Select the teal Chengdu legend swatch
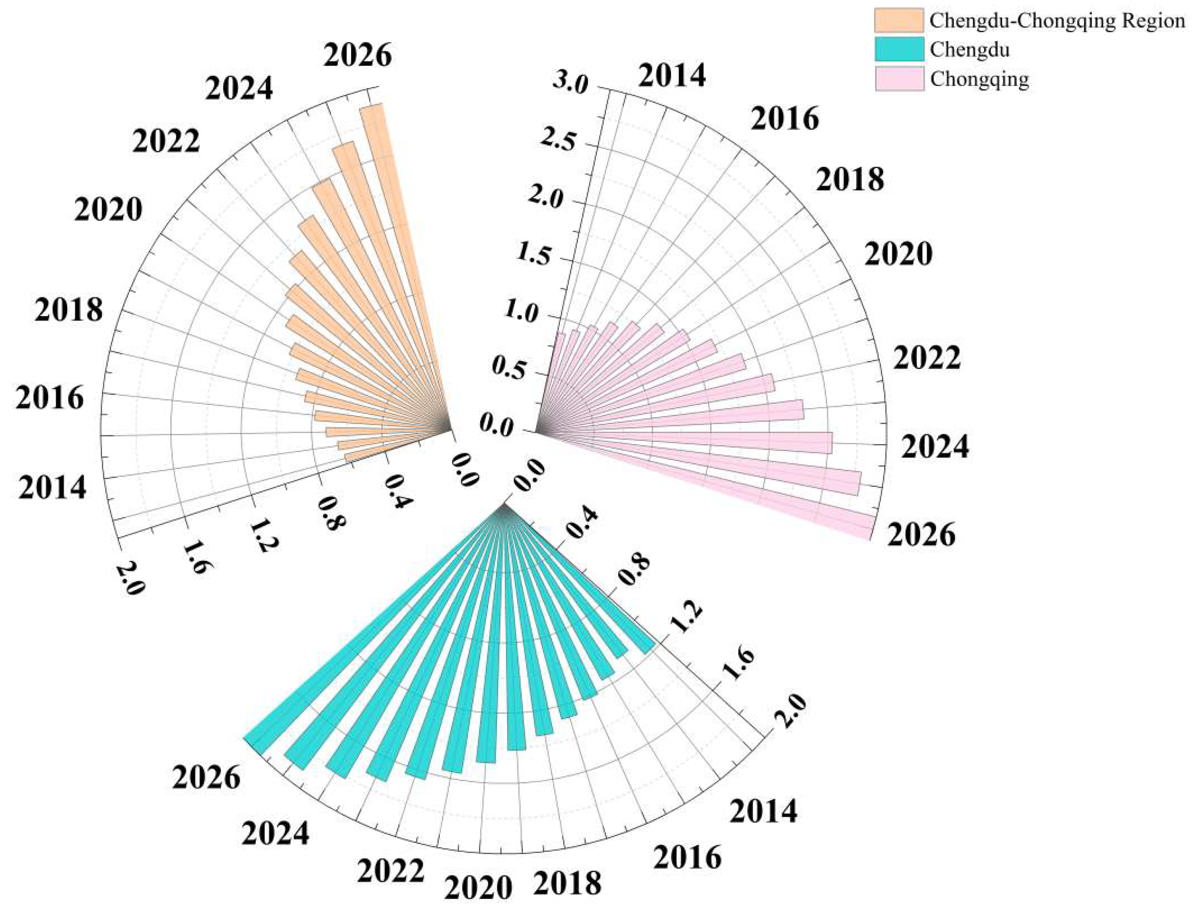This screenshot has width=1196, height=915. click(899, 50)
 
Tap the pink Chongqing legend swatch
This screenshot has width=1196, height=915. click(899, 79)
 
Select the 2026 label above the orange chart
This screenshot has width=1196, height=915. click(357, 56)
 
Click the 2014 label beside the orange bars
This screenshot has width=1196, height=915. click(52, 487)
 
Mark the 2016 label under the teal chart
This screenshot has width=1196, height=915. click(687, 858)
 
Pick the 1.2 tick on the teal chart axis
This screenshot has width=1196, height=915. click(688, 617)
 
